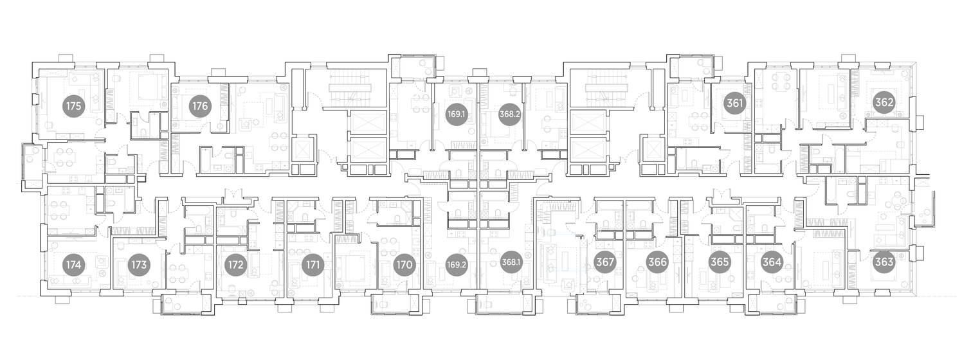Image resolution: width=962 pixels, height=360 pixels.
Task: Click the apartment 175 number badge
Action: pos(74,106)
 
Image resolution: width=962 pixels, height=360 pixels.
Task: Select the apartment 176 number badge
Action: pos(200,106)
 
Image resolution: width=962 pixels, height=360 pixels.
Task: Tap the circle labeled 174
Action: pos(74,265)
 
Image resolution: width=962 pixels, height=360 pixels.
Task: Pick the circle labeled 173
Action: pos(139,265)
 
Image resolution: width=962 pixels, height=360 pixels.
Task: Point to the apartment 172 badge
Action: pos(236,265)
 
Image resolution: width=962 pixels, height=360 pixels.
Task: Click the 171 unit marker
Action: pos(313,265)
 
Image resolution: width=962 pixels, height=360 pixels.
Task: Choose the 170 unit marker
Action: pos(404,265)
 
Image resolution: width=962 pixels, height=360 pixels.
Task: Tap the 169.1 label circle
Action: pos(456,114)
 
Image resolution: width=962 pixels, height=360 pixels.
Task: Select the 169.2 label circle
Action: pos(456,265)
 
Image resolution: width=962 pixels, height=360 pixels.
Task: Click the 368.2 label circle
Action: pos(510,114)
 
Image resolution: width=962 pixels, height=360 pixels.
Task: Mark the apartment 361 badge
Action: pos(735,103)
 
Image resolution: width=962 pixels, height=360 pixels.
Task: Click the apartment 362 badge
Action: pos(884,103)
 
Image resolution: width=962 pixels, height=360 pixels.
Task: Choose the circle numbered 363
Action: pos(884,262)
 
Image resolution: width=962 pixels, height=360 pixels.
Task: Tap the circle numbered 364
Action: pos(772,262)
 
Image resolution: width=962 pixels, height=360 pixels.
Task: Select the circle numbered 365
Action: pos(720,262)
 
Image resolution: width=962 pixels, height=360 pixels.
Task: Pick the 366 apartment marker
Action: pos(657,262)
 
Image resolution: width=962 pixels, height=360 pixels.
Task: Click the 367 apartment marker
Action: pos(605,262)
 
